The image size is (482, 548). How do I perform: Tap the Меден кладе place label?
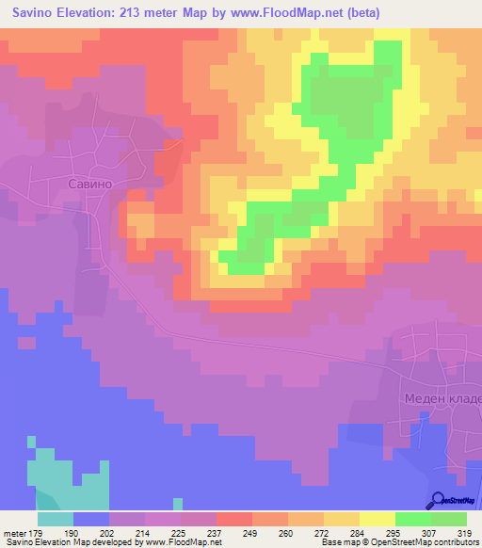(x=443, y=398)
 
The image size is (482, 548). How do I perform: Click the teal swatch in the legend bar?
(x=56, y=518)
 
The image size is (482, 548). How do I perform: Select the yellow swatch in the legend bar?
(x=377, y=518)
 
